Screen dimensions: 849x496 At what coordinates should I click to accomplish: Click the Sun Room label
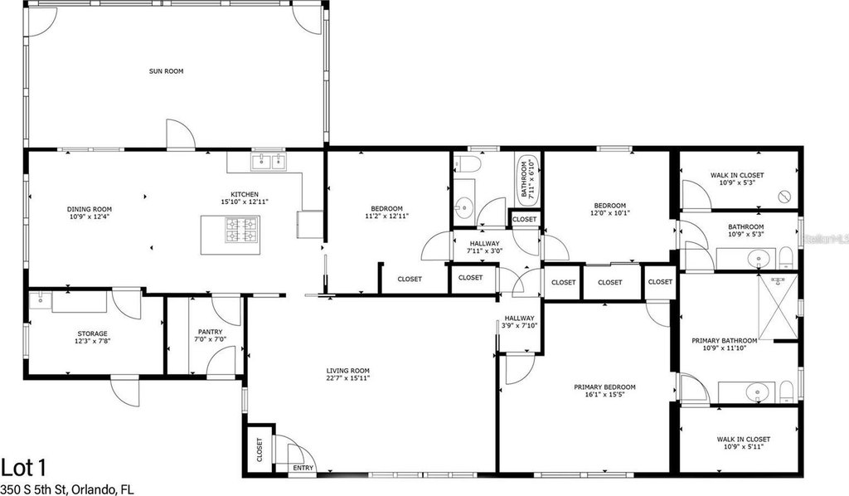coord(166,71)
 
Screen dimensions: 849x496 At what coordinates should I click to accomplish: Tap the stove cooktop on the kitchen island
coord(242,230)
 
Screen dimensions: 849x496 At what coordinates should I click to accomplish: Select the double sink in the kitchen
coord(268,161)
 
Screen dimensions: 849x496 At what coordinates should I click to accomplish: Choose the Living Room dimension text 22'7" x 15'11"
coord(347,378)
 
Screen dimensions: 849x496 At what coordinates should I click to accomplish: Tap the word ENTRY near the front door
coord(303,468)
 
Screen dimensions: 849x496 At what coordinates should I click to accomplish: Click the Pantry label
coord(210,332)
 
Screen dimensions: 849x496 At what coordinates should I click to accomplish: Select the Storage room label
coord(93,333)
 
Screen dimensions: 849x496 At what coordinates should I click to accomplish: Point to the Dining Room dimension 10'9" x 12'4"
coord(90,216)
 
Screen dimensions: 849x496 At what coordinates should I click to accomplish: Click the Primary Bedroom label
coord(604,387)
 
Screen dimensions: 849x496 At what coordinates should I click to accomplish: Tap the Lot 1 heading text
coord(24,467)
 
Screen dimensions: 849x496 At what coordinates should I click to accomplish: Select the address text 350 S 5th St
coord(32,490)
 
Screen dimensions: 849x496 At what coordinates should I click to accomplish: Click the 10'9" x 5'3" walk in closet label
coord(737,178)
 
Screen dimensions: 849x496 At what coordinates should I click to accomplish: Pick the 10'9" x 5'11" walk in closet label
coord(744,443)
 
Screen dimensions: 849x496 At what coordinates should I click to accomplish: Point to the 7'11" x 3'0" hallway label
coord(484,247)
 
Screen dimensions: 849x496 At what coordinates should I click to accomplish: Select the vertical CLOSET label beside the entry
coord(260,450)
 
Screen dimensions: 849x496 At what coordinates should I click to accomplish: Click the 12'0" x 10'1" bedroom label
coord(610,209)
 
